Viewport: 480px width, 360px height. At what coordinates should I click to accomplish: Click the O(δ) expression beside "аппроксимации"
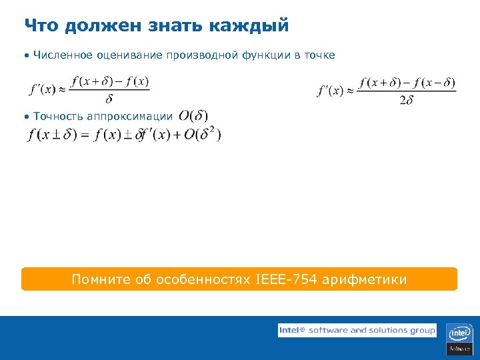(x=193, y=116)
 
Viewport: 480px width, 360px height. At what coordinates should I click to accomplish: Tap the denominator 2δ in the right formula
(x=407, y=101)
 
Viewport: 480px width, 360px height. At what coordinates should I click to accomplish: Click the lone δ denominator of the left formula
(x=109, y=99)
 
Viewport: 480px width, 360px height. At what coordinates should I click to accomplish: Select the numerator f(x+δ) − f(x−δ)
(x=407, y=83)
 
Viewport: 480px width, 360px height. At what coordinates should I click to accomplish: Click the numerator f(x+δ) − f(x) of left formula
(x=109, y=82)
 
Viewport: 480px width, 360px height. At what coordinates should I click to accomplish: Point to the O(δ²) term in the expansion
(x=203, y=134)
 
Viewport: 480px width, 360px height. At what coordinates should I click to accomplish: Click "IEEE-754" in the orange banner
(x=286, y=279)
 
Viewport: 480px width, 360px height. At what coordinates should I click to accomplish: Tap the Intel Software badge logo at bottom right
(x=460, y=339)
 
